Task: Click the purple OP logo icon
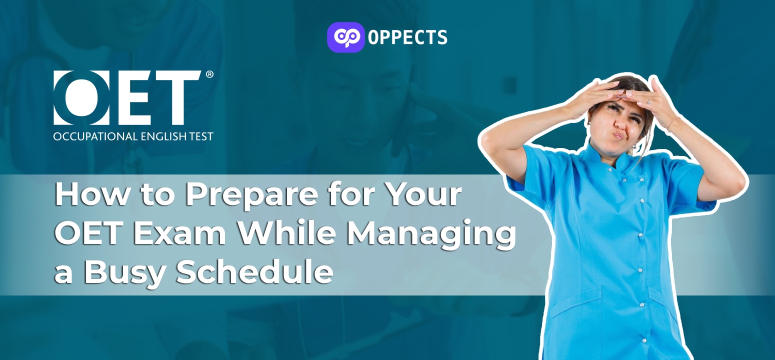[345, 37]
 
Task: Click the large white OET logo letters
[127, 97]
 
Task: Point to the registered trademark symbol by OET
[209, 74]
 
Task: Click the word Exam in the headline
[179, 234]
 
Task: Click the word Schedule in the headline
[255, 271]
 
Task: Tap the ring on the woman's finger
[648, 101]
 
